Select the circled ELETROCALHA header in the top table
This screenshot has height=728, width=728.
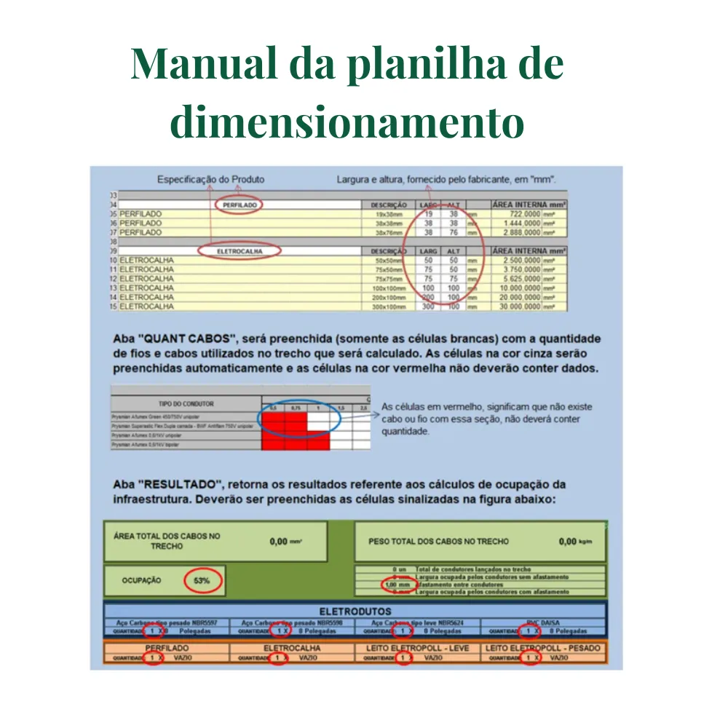(x=239, y=251)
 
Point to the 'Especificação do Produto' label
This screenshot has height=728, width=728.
(x=211, y=179)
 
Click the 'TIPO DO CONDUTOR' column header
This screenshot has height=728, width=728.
(x=185, y=403)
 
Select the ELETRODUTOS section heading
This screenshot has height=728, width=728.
(x=355, y=612)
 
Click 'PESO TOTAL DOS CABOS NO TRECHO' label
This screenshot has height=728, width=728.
(x=439, y=542)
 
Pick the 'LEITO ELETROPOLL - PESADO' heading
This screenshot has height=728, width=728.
(x=542, y=648)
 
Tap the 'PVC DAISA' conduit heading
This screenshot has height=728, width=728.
(x=542, y=623)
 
